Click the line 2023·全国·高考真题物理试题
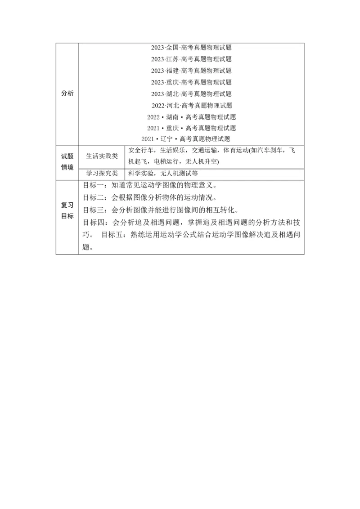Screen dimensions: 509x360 pyautogui.click(x=191, y=47)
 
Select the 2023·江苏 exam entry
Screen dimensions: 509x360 pyautogui.click(x=191, y=59)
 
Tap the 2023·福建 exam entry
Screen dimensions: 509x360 pyautogui.click(x=191, y=71)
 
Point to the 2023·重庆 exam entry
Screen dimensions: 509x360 pyautogui.click(x=191, y=82)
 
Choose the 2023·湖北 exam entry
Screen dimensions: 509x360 pyautogui.click(x=191, y=94)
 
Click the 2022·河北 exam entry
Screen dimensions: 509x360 pyautogui.click(x=192, y=106)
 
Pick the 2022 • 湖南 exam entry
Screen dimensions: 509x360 pyautogui.click(x=191, y=117)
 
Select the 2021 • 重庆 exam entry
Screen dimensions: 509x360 pyautogui.click(x=191, y=128)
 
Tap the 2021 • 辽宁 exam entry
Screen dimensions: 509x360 pyautogui.click(x=185, y=139)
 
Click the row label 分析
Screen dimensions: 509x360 pyautogui.click(x=67, y=93)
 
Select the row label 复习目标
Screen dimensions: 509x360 pyautogui.click(x=67, y=210)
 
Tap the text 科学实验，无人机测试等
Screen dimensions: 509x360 pyautogui.click(x=163, y=173)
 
